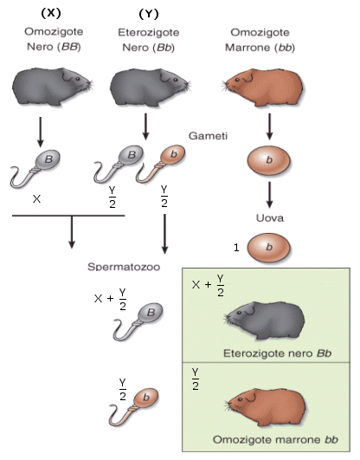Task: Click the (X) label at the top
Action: pyautogui.click(x=51, y=14)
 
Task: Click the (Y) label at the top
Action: pyautogui.click(x=149, y=14)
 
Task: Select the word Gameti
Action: pyautogui.click(x=208, y=136)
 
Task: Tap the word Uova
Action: pyautogui.click(x=270, y=218)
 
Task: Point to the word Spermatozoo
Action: pyautogui.click(x=124, y=267)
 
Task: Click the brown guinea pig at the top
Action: pyautogui.click(x=262, y=87)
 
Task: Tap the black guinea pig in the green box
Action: pyautogui.click(x=265, y=321)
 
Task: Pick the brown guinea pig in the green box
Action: pyautogui.click(x=266, y=407)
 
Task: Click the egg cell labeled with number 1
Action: pyautogui.click(x=268, y=248)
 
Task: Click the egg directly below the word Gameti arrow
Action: pyautogui.click(x=269, y=160)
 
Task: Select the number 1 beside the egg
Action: pyautogui.click(x=236, y=248)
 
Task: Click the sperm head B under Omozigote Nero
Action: pyautogui.click(x=48, y=159)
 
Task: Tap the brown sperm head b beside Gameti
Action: pyautogui.click(x=173, y=154)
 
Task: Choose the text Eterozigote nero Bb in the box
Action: pyautogui.click(x=277, y=353)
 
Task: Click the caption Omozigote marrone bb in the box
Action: pyautogui.click(x=275, y=439)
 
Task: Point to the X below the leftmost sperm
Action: pyautogui.click(x=36, y=199)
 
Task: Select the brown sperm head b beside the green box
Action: pyautogui.click(x=146, y=398)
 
